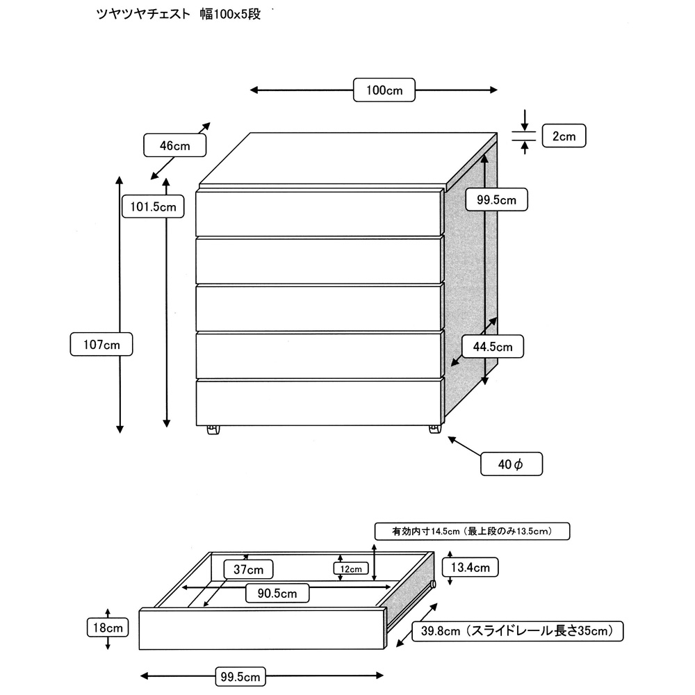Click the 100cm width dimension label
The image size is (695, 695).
click(x=384, y=90)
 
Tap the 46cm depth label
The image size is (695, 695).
click(x=175, y=146)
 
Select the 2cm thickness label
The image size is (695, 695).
click(x=564, y=136)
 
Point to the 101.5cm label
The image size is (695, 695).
click(x=153, y=206)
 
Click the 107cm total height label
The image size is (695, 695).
click(x=101, y=344)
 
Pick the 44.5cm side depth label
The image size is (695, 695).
click(x=493, y=346)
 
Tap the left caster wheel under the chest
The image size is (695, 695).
click(x=213, y=431)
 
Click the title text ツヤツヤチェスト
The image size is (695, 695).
click(x=142, y=14)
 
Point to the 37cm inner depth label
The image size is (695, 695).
click(x=248, y=570)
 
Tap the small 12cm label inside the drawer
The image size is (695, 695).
click(x=350, y=569)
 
